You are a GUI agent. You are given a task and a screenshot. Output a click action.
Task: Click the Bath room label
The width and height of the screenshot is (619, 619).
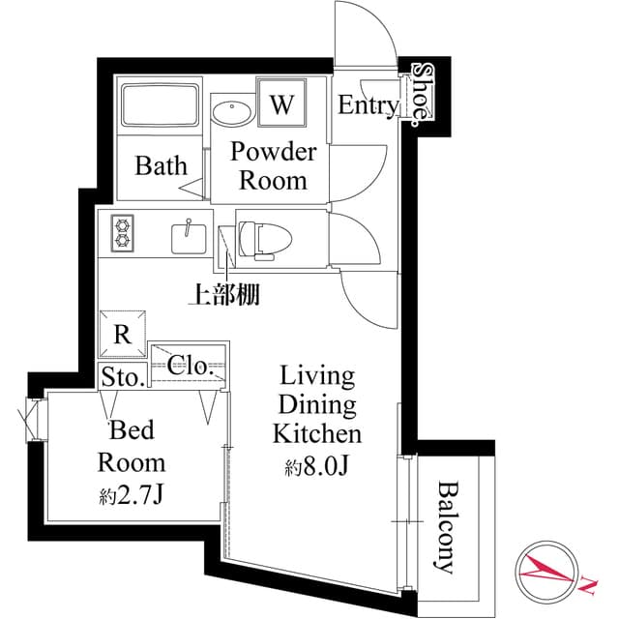161,165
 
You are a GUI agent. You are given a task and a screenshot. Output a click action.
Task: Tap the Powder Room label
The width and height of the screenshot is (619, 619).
272,165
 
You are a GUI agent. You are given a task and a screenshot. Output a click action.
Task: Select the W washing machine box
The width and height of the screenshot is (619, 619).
281,103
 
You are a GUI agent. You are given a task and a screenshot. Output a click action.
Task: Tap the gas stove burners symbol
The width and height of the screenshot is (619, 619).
123,233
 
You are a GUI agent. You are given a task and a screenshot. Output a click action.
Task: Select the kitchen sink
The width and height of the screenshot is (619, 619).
187,235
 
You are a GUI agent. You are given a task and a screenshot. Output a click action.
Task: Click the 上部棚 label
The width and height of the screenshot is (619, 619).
222,295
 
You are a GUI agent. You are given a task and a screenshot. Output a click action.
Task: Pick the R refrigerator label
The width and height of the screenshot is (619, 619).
122,336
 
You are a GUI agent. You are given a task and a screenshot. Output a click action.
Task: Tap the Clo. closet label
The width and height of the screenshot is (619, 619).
190,366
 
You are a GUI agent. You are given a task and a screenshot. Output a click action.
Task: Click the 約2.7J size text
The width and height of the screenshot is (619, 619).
133,497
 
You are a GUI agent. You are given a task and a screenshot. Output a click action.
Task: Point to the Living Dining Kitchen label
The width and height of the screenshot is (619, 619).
316,403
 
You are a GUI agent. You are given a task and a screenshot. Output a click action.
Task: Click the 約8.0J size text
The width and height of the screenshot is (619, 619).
316,468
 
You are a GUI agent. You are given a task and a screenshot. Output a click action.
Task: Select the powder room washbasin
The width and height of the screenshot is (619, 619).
232,111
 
